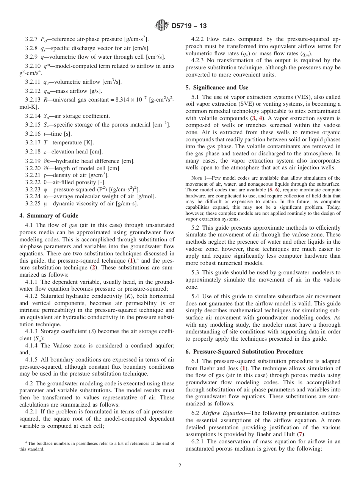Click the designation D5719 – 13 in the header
[189, 26]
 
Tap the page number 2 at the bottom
[180, 466]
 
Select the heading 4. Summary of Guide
[49, 216]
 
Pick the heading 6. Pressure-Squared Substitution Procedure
[244, 352]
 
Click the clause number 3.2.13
[33, 100]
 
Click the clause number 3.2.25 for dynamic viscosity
[33, 203]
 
